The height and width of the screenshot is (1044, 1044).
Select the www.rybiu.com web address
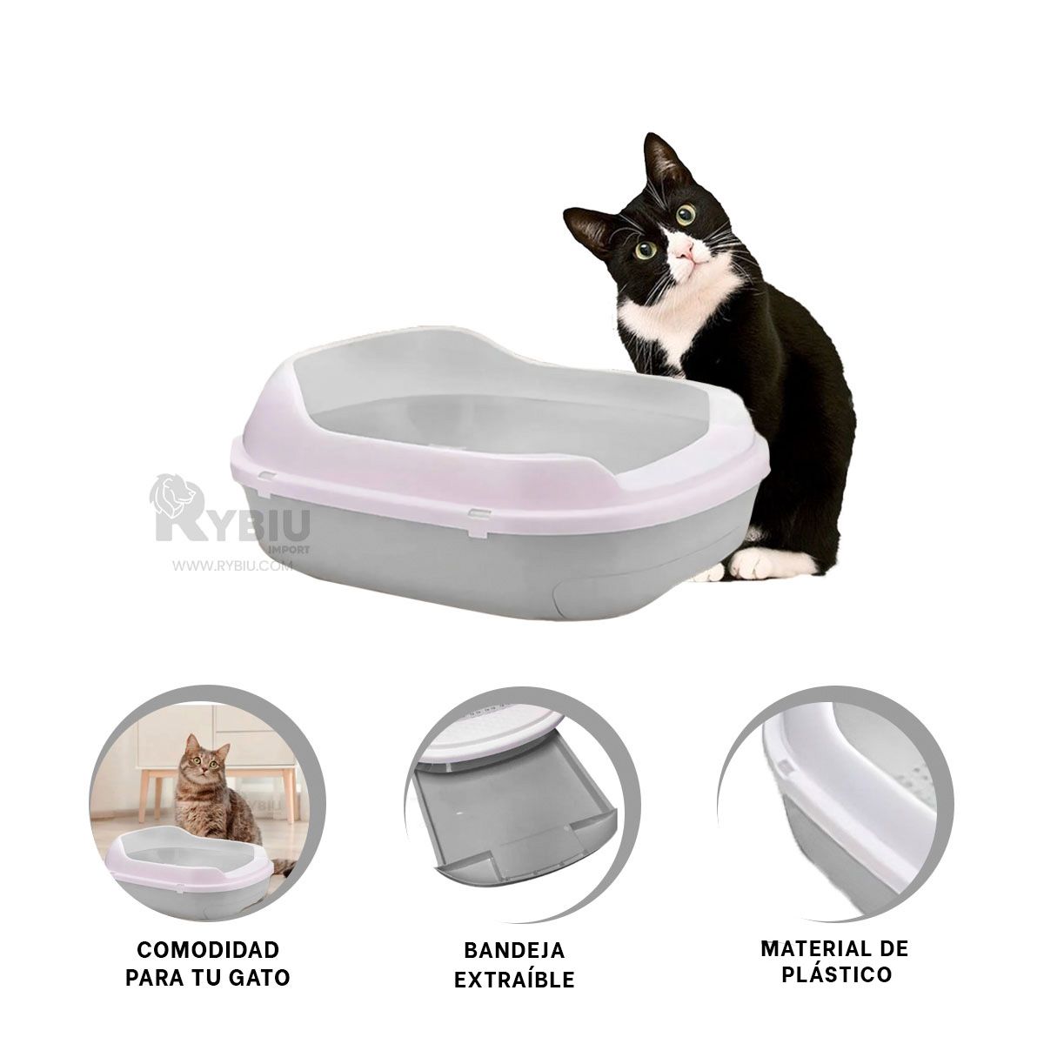pyautogui.click(x=232, y=566)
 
